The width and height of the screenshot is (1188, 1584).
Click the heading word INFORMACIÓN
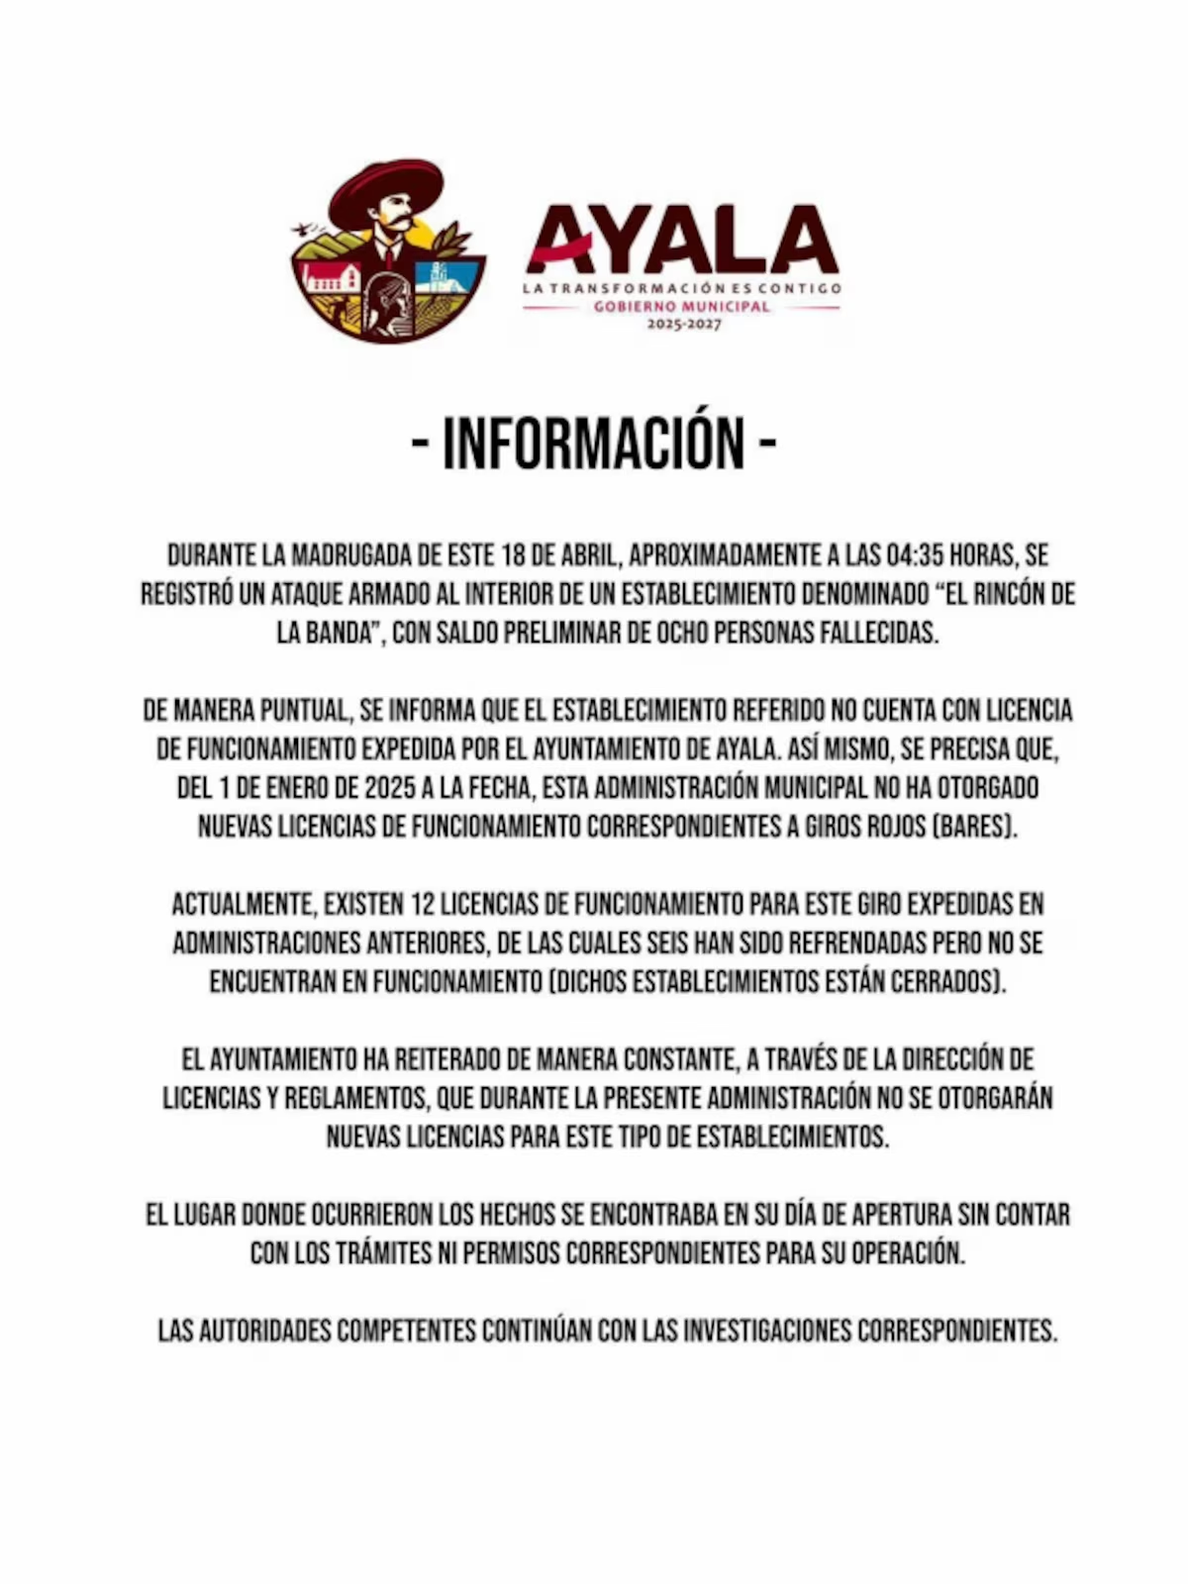tap(593, 443)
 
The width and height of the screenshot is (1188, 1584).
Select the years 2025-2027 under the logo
tap(684, 324)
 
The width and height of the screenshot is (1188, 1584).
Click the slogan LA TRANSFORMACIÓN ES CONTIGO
tap(682, 288)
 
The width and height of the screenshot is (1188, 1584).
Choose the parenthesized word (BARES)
tap(975, 827)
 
